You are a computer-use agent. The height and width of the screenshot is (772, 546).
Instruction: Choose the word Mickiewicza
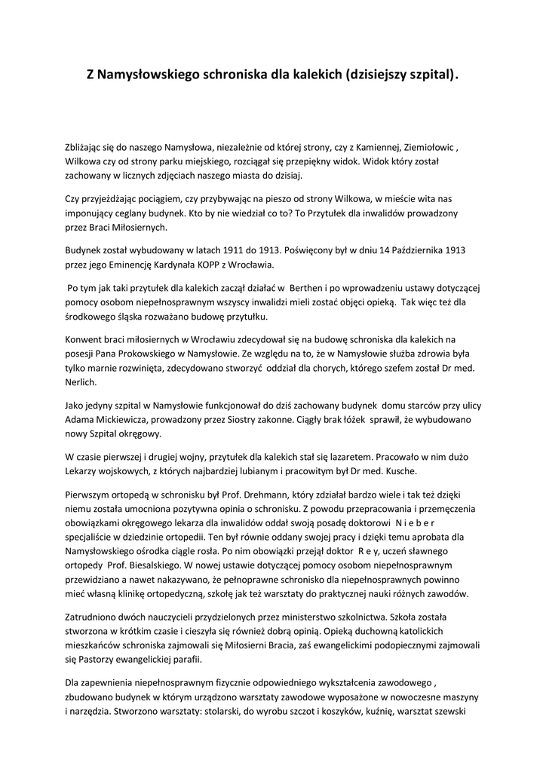[x=122, y=419]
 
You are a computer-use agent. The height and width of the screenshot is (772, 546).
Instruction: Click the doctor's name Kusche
[x=394, y=471]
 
